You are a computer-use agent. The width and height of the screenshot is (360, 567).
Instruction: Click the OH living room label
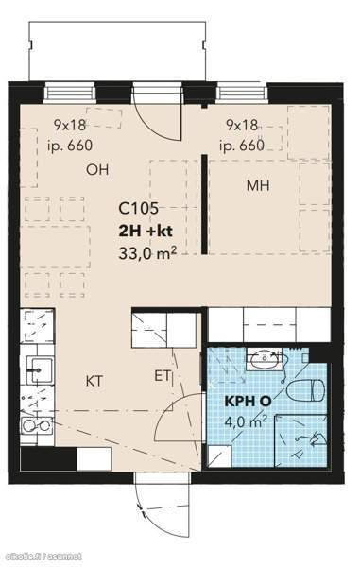pyautogui.click(x=97, y=169)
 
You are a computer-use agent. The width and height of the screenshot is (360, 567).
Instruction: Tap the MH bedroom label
pyautogui.click(x=258, y=185)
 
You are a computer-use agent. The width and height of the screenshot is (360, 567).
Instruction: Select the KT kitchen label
pyautogui.click(x=94, y=381)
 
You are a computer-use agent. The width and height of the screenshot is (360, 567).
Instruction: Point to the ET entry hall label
pyautogui.click(x=163, y=376)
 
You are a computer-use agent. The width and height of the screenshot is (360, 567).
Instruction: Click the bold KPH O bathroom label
pyautogui.click(x=248, y=402)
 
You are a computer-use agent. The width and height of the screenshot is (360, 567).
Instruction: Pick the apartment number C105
pyautogui.click(x=139, y=208)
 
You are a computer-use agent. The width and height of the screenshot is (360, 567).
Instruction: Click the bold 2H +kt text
pyautogui.click(x=146, y=232)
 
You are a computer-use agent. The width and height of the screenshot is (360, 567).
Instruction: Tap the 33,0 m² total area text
pyautogui.click(x=147, y=252)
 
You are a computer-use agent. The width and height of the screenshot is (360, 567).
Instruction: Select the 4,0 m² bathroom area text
pyautogui.click(x=247, y=421)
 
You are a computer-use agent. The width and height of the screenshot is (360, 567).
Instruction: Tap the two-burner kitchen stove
pyautogui.click(x=36, y=425)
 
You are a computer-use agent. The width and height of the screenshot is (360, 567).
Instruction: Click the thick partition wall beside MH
pyautogui.click(x=204, y=204)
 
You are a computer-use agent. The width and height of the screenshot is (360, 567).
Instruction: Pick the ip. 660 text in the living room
pyautogui.click(x=70, y=146)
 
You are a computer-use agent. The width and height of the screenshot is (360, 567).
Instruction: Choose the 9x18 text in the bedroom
pyautogui.click(x=242, y=125)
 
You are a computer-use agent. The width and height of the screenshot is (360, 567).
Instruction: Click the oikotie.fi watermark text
pyautogui.click(x=41, y=557)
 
